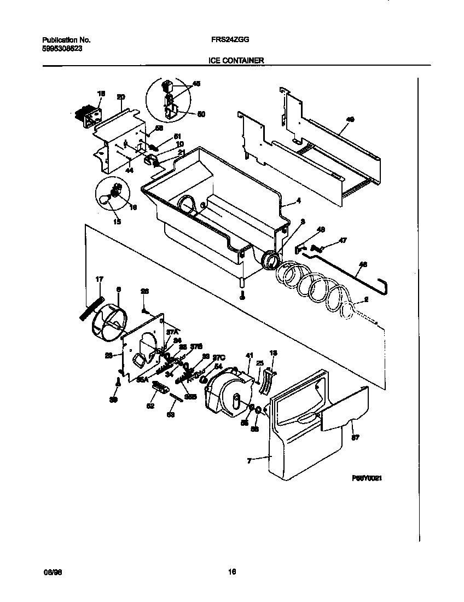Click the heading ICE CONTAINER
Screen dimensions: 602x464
click(x=236, y=61)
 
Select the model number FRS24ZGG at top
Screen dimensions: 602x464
click(x=228, y=40)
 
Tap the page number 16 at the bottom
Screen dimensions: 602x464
click(x=231, y=572)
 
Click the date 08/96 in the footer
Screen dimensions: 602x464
click(x=50, y=572)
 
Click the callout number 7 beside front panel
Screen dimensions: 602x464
click(x=249, y=461)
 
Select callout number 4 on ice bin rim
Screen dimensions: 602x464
click(x=299, y=200)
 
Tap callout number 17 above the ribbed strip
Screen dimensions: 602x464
click(x=99, y=280)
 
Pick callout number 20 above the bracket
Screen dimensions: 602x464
click(x=121, y=97)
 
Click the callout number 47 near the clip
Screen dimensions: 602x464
click(x=343, y=240)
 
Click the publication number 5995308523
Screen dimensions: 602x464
click(x=62, y=48)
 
